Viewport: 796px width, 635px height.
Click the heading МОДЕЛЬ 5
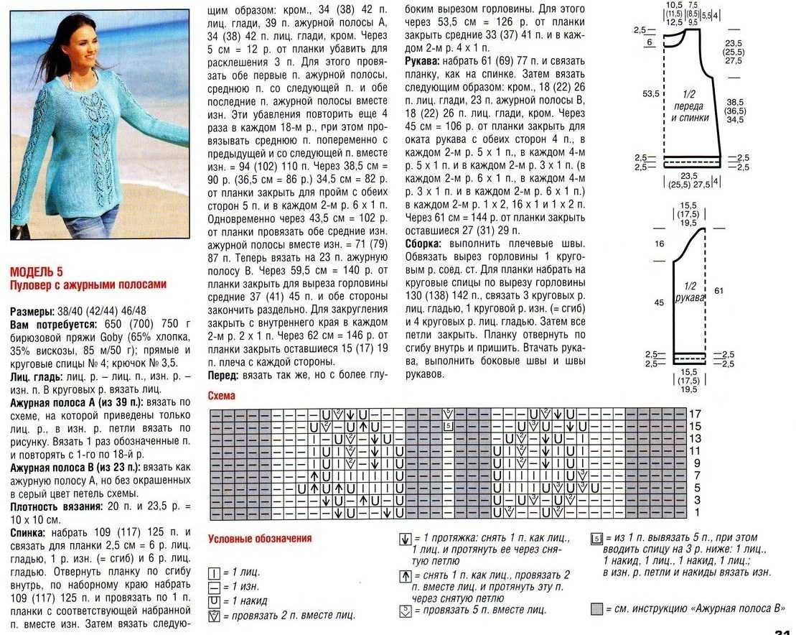point(37,272)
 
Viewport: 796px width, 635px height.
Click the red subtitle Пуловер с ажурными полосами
point(88,284)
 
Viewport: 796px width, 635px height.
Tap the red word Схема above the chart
point(221,396)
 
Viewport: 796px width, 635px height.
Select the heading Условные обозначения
point(260,538)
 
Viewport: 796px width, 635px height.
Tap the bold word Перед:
point(225,376)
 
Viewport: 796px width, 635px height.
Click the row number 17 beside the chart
point(694,414)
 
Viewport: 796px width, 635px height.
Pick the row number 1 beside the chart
point(696,513)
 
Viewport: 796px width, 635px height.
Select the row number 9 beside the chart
point(696,463)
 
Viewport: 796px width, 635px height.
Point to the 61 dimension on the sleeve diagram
point(718,289)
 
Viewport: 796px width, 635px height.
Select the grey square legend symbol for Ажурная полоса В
point(596,609)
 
